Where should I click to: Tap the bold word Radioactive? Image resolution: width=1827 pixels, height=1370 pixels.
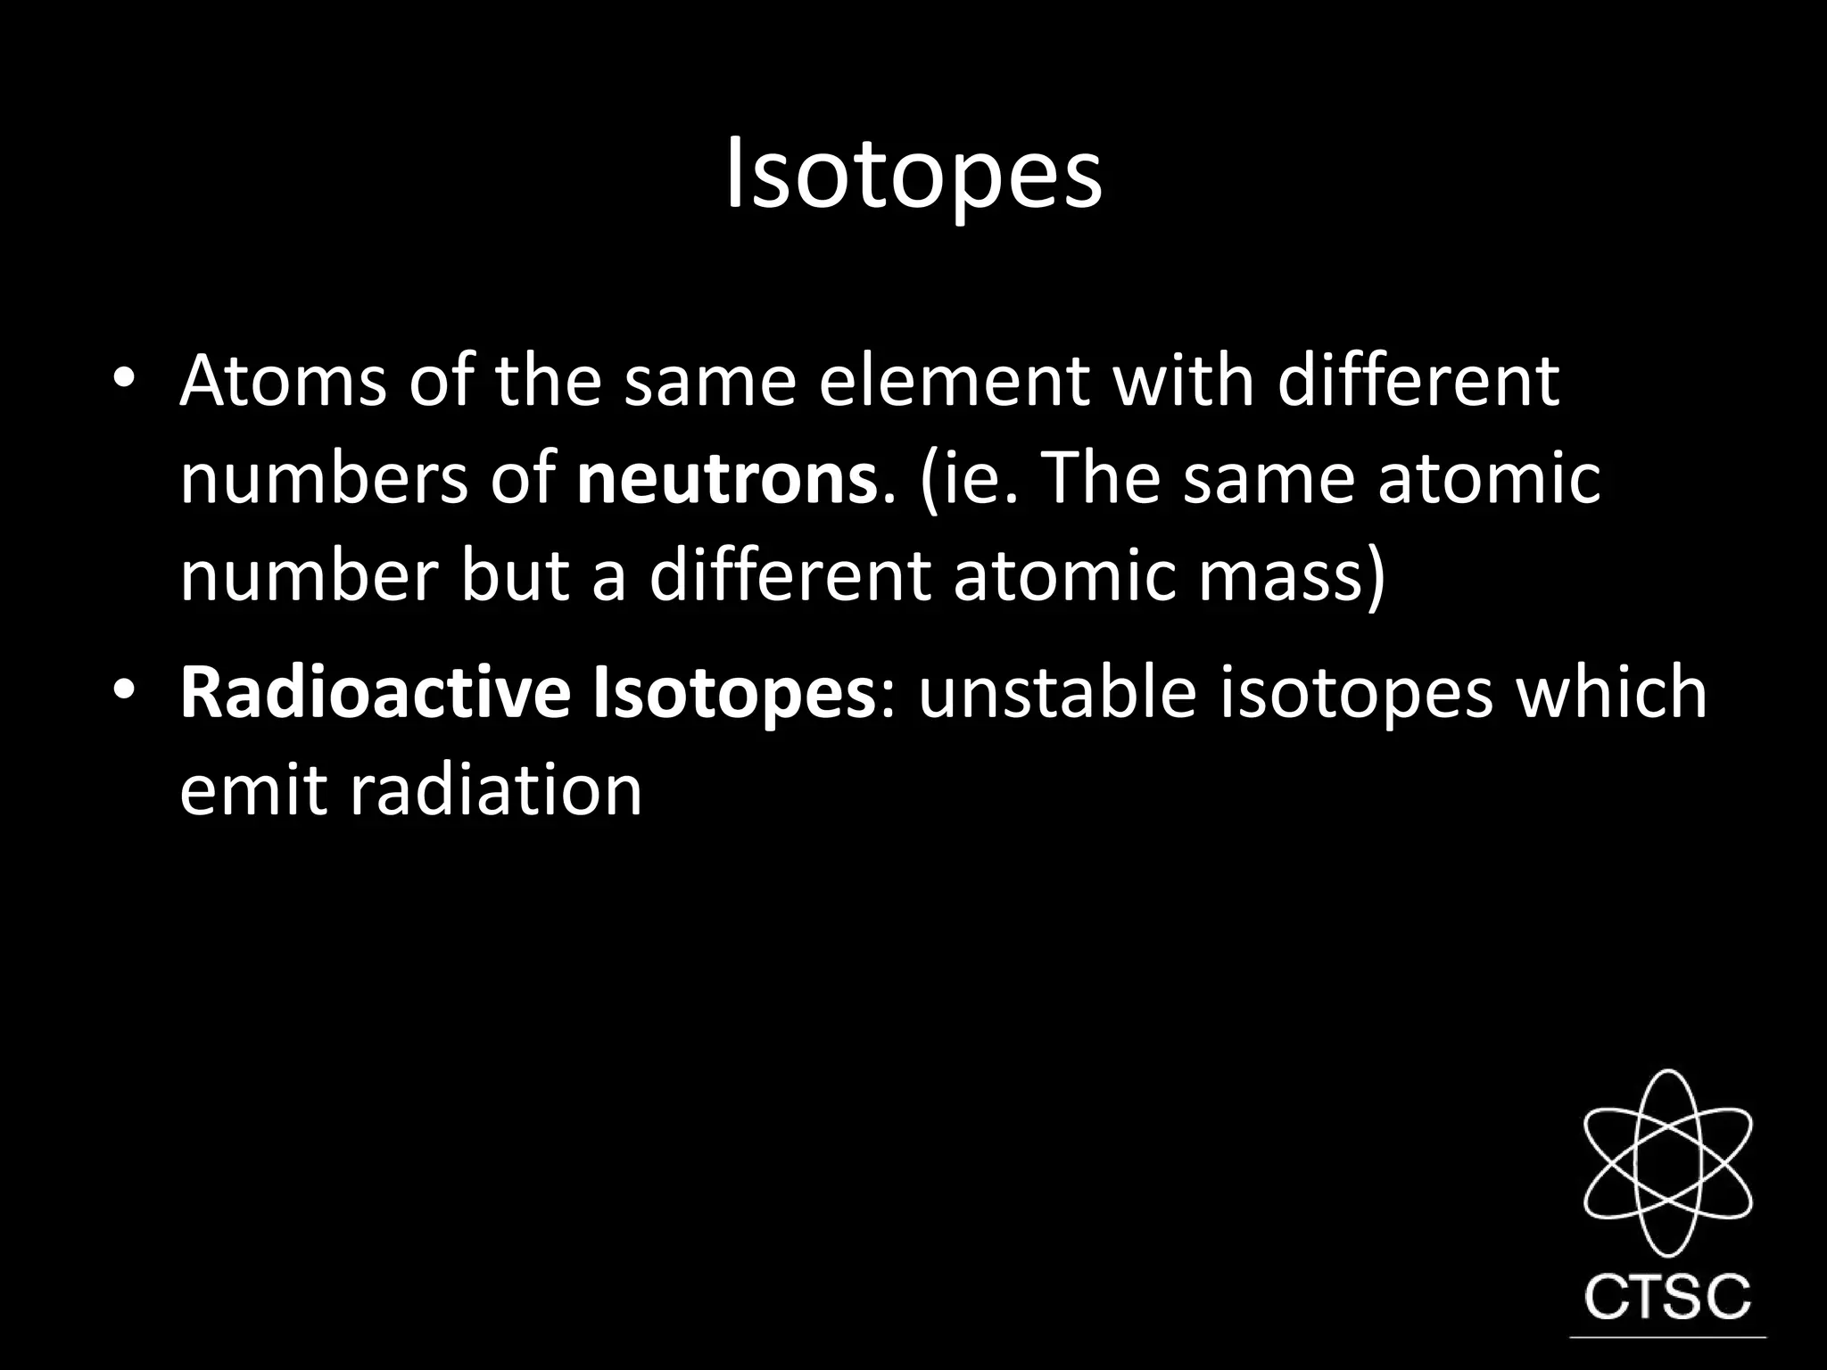(x=375, y=692)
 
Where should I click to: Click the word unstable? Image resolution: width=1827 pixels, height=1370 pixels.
(x=1057, y=692)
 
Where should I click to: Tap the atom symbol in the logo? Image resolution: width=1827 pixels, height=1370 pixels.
(x=1666, y=1163)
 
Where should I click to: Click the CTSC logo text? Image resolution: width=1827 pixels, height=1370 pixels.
(x=1666, y=1298)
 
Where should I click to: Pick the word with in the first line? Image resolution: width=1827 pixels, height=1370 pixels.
(x=1183, y=381)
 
